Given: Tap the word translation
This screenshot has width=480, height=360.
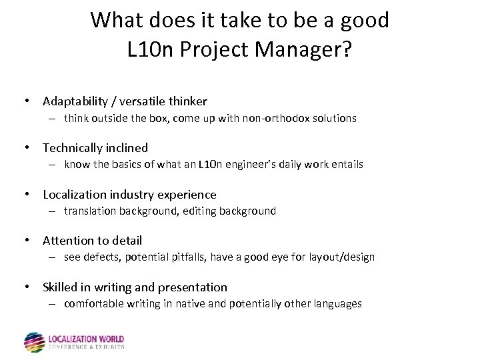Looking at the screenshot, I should [90, 211].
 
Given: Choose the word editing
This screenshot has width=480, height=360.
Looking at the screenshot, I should [203, 211].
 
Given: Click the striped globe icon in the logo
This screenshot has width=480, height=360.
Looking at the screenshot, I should [35, 342].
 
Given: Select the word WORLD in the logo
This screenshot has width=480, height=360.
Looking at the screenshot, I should [108, 338].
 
